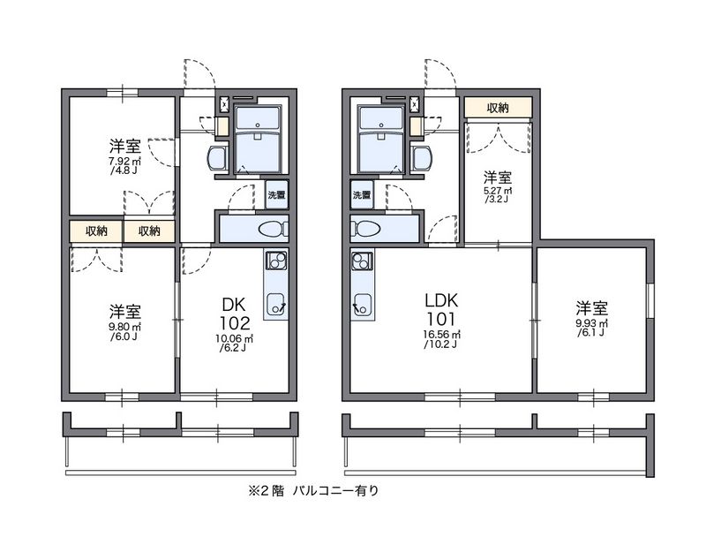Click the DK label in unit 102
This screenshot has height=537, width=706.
tap(235, 305)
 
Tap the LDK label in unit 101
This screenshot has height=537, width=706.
tap(440, 298)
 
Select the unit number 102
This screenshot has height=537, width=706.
tap(235, 322)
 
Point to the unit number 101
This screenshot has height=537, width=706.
tap(440, 317)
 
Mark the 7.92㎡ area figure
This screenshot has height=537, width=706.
tap(124, 163)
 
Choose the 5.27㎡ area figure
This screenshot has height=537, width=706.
tap(499, 192)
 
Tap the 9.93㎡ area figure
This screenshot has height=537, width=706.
tap(591, 324)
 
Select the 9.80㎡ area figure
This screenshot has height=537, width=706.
tap(124, 327)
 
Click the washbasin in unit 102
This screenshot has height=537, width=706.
tap(216, 158)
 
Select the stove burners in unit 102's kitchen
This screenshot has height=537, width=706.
tap(275, 261)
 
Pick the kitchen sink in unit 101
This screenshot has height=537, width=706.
tap(361, 306)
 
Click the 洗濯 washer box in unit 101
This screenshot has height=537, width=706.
tap(362, 194)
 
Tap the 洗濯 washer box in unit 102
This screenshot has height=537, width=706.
tap(277, 195)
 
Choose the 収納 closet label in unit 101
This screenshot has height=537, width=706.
tap(498, 108)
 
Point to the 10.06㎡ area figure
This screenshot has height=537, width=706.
tap(235, 339)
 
